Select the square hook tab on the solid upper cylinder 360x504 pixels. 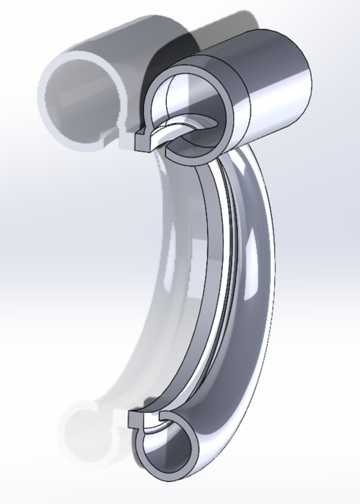click(x=144, y=142)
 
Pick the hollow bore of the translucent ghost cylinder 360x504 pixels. click(x=79, y=94)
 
